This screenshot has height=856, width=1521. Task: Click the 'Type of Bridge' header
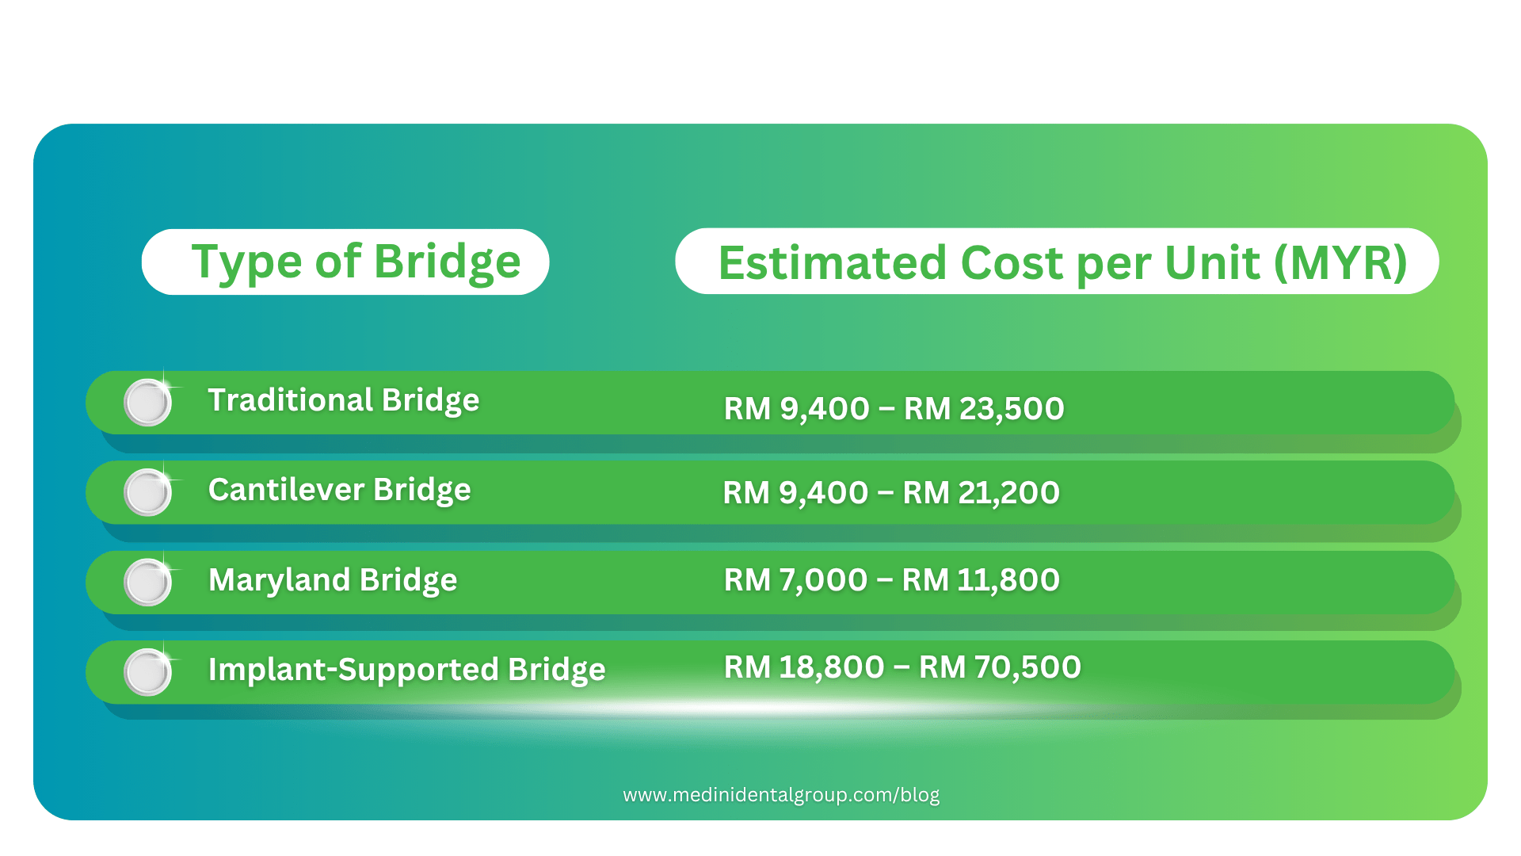point(356,262)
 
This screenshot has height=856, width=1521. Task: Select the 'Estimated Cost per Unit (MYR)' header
point(1062,262)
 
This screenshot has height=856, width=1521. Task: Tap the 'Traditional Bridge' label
point(343,400)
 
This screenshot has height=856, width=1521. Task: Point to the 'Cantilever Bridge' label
point(339,490)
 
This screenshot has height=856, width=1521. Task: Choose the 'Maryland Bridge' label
point(333,580)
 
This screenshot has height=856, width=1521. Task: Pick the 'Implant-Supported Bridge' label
point(406,670)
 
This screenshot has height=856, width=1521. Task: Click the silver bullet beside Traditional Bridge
point(147,403)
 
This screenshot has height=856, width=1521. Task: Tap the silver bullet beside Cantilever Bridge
point(147,492)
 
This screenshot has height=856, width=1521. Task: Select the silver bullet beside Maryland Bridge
point(147,583)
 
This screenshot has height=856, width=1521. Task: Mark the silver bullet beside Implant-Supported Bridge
point(147,672)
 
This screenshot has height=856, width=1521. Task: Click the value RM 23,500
point(984,409)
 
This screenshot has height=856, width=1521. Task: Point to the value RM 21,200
point(981,493)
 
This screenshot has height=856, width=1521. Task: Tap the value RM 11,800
point(981,580)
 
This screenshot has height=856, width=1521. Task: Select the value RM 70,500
point(1000,667)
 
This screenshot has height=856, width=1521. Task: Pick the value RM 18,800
point(803,667)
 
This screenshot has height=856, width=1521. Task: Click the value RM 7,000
point(795,580)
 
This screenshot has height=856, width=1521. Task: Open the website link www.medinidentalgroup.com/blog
point(781,795)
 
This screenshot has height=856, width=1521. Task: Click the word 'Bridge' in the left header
point(447,262)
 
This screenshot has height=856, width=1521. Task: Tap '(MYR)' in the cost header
point(1340,262)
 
